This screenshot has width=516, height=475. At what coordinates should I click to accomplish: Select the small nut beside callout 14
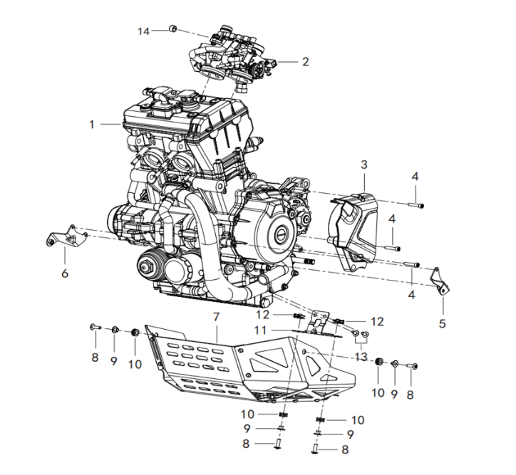[172, 29]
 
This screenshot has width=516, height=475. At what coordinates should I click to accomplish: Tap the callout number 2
[305, 62]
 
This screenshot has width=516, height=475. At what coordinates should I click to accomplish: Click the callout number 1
[92, 125]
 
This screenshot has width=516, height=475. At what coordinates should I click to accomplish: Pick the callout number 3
[363, 165]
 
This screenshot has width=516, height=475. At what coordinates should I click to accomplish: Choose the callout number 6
[64, 273]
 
